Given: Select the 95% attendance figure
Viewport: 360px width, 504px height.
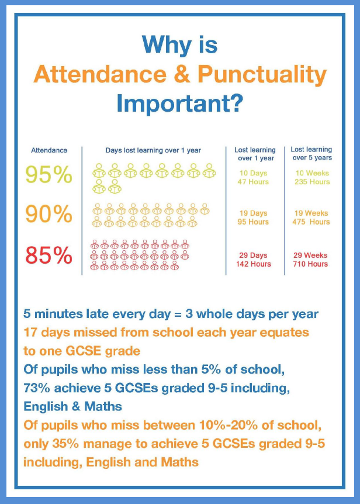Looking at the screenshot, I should coord(49,174).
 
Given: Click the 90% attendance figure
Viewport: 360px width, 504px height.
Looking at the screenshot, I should coord(49,215).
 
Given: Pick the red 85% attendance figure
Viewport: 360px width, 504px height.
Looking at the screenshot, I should coord(49,256).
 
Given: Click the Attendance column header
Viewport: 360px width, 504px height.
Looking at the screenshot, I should coord(49,150).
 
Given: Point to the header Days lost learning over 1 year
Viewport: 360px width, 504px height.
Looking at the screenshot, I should coord(153,150).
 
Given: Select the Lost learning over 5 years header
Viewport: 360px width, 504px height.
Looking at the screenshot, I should coord(311,154).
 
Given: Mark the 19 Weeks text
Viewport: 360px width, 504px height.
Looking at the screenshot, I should coord(311,213).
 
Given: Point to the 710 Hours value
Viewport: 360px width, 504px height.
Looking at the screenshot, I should coord(311,264).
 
